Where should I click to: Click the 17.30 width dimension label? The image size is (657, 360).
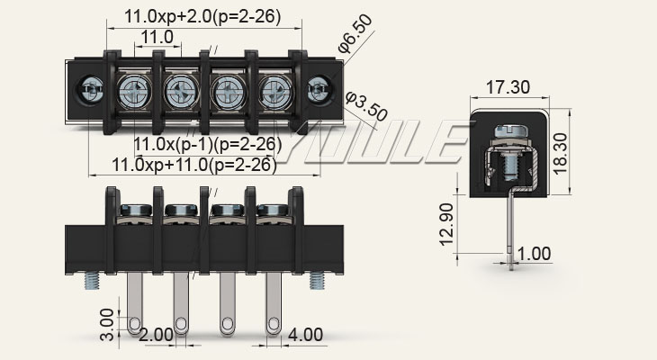click(508, 87)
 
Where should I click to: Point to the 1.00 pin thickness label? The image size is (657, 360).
click(534, 254)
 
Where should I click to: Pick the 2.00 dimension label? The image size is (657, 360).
click(157, 334)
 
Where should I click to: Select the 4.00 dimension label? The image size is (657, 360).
click(305, 334)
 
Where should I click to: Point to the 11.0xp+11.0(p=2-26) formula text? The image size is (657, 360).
click(193, 165)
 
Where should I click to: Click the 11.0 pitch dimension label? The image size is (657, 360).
click(157, 37)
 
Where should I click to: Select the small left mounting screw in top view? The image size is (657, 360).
click(90, 90)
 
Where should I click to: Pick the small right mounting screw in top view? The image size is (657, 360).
click(318, 90)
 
